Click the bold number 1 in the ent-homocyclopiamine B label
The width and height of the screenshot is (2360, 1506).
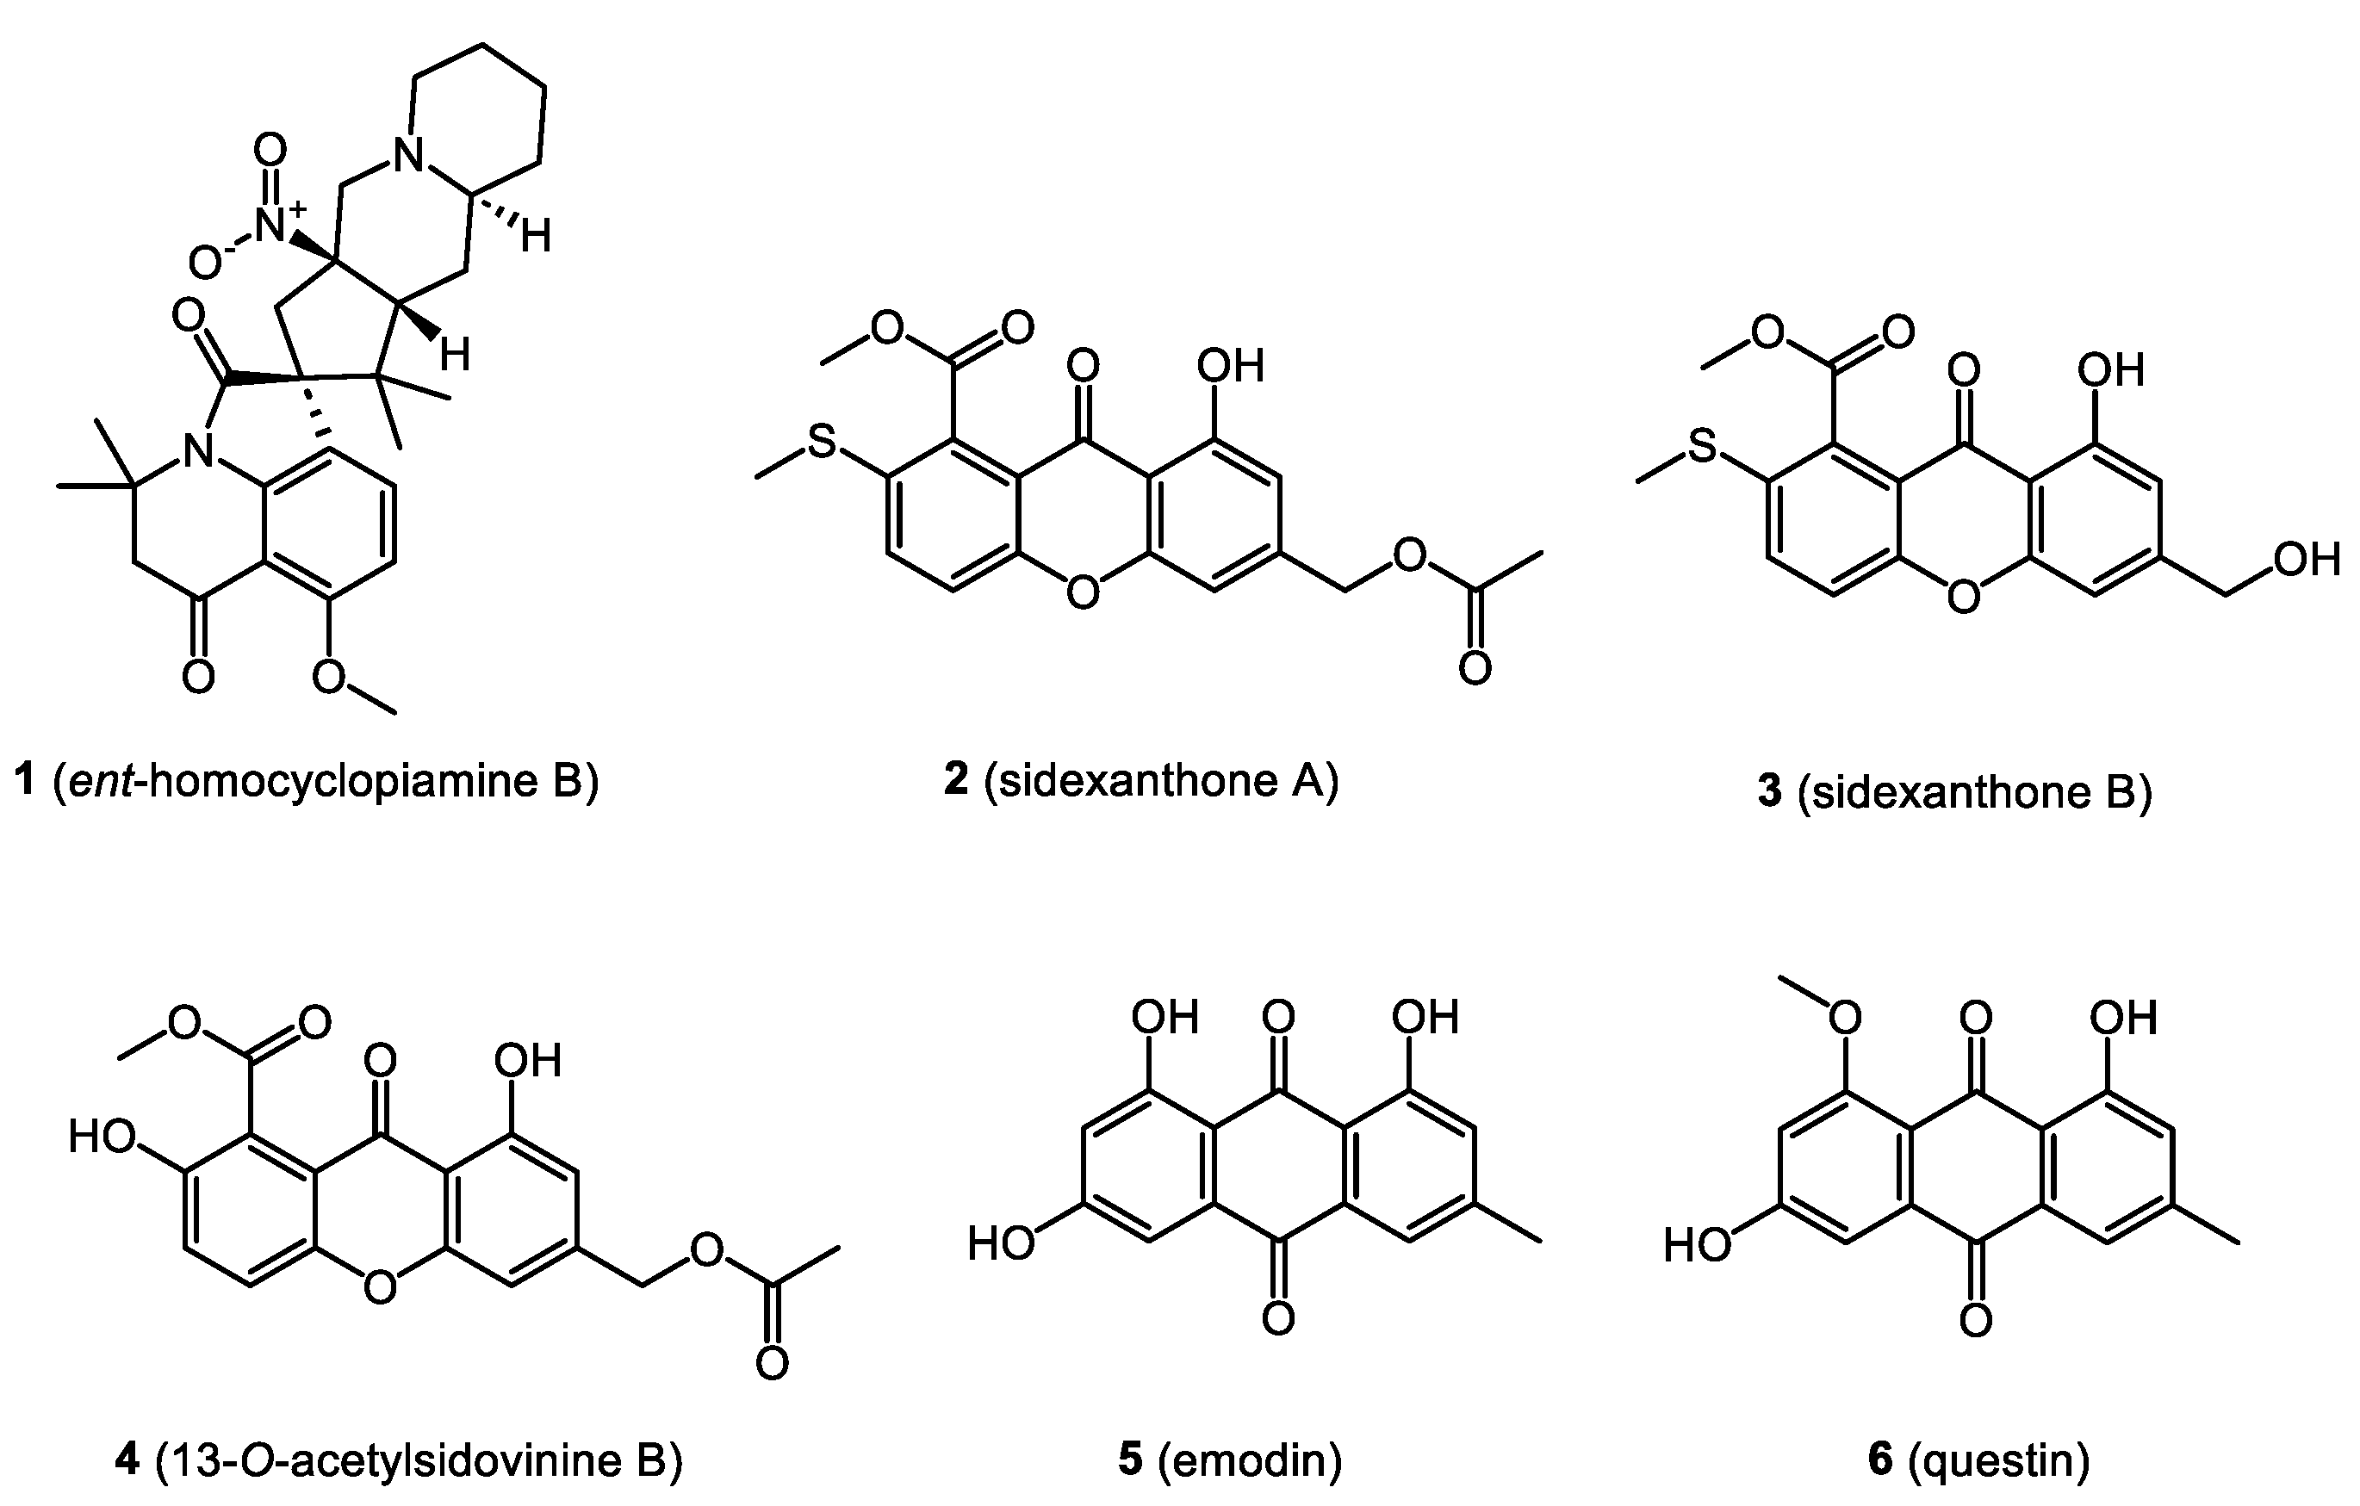(26, 781)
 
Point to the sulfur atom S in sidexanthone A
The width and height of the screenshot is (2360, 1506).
(822, 443)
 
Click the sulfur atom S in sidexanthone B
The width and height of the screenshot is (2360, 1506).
(1704, 447)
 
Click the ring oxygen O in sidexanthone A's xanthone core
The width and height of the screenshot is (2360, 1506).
(1082, 592)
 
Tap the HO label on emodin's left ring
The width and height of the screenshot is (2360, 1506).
(1001, 1243)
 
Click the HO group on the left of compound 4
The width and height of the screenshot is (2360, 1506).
(101, 1137)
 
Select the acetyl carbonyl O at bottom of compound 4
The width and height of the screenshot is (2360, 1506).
(773, 1363)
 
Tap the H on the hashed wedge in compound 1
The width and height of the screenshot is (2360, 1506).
(535, 235)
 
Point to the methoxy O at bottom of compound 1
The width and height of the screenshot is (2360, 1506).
(328, 676)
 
